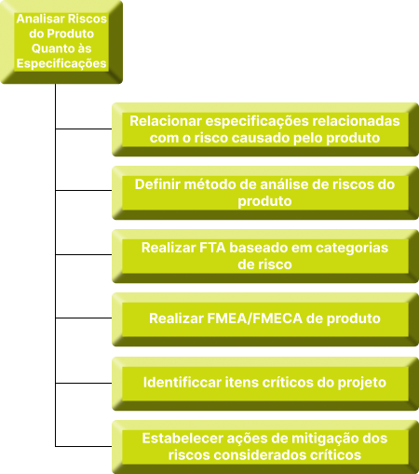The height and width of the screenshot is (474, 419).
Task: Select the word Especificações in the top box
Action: pos(61,63)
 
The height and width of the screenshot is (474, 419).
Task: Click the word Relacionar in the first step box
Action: pos(166,121)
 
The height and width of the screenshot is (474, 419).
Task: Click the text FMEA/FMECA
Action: pos(254,318)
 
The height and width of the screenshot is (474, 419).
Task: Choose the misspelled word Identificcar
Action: pos(182,383)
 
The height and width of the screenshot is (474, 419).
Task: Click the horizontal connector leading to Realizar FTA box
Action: pos(84,254)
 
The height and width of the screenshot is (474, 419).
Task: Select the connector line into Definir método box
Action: pos(84,190)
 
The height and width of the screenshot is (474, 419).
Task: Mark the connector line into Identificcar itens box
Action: pos(84,383)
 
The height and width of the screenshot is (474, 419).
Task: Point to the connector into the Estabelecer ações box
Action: pos(84,446)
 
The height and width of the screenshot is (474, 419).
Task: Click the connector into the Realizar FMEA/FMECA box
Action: pos(84,318)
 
